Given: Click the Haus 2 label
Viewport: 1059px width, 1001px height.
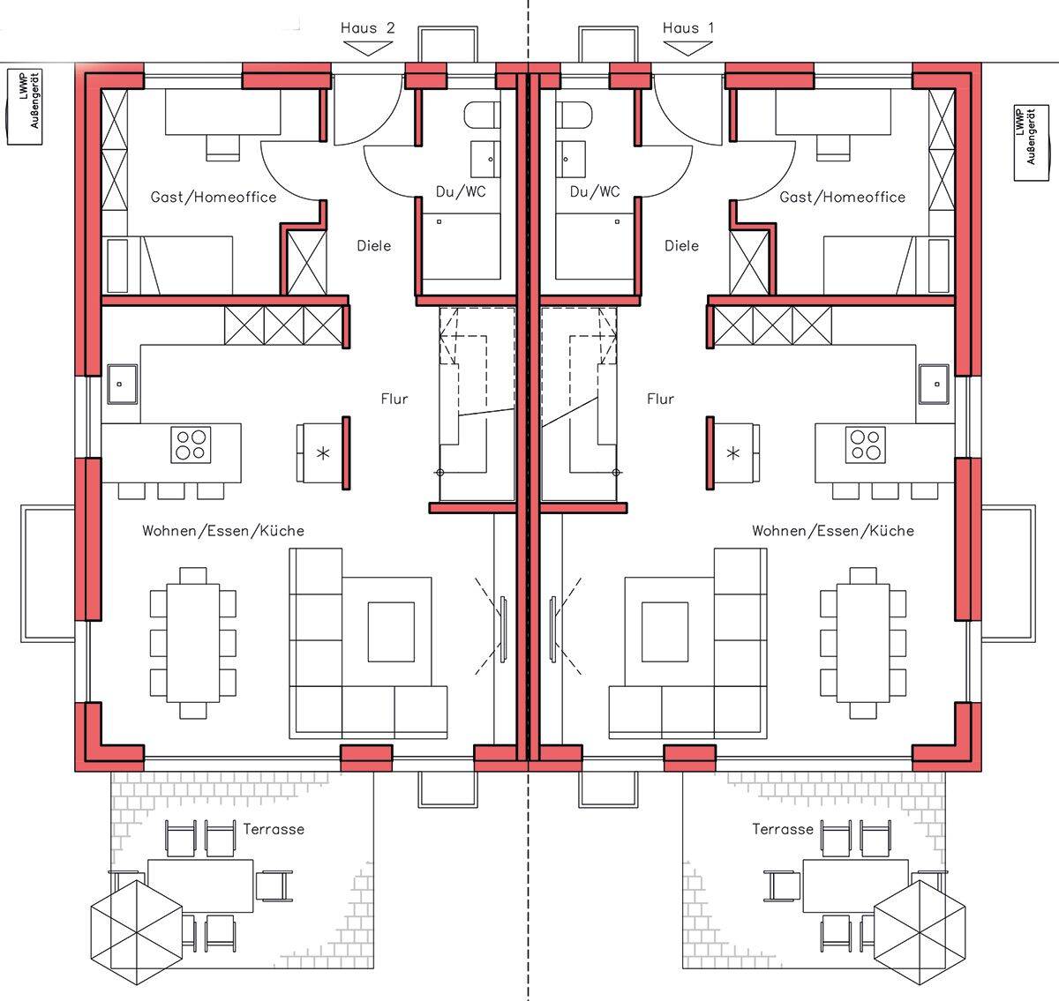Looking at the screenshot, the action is click(x=368, y=28).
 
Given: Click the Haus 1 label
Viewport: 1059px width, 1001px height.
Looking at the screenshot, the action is click(x=688, y=28).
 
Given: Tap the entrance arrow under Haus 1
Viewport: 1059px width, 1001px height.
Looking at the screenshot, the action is click(x=687, y=49).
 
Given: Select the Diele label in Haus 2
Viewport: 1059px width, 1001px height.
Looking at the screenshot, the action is click(x=374, y=246).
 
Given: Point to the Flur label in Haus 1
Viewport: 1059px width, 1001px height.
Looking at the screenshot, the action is click(x=660, y=399).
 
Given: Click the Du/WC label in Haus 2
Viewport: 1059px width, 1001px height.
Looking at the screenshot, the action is click(x=461, y=191).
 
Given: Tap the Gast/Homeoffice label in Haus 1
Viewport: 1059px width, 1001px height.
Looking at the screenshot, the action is click(x=843, y=198).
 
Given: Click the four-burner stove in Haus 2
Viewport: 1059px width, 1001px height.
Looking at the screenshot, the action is click(x=192, y=444).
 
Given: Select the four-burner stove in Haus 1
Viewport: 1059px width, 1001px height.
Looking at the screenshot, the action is click(x=866, y=444).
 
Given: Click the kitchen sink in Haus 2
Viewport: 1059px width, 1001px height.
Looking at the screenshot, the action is click(x=123, y=385).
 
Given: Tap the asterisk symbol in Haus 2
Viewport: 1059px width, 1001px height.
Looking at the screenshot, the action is click(x=323, y=453).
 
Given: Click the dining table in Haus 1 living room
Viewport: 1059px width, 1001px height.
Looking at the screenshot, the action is click(x=863, y=643).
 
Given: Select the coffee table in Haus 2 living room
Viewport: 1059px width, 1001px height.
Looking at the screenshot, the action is click(x=391, y=632).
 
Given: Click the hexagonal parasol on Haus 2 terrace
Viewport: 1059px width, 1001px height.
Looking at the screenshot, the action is click(x=136, y=932).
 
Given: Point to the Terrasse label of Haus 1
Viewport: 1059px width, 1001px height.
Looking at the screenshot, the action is click(x=783, y=829).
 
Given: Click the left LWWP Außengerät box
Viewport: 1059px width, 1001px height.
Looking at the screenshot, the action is click(x=24, y=107).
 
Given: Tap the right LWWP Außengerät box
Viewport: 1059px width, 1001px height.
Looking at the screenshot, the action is click(x=1032, y=143).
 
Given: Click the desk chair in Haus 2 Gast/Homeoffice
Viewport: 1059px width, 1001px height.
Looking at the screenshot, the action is click(x=223, y=147).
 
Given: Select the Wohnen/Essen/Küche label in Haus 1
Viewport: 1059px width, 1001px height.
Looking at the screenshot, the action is click(x=833, y=532).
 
